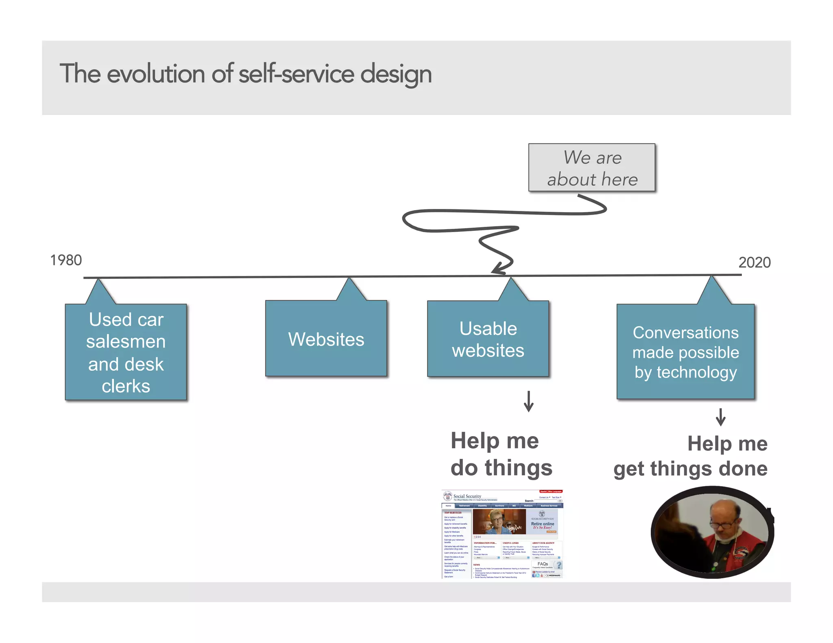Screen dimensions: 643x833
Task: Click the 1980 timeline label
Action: click(66, 260)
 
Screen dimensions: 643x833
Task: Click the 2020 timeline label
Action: click(754, 263)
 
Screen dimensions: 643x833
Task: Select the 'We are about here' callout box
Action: click(591, 167)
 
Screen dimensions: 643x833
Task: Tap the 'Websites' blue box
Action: click(326, 339)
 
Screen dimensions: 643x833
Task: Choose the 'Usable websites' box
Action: click(488, 339)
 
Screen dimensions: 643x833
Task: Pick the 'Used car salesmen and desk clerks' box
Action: click(126, 352)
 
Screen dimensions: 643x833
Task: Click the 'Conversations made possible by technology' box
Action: click(685, 352)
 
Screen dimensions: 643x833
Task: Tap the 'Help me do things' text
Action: click(501, 454)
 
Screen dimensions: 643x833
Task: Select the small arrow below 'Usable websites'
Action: click(528, 402)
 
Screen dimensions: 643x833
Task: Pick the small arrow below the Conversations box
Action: click(720, 417)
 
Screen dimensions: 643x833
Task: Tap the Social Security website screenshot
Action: click(502, 534)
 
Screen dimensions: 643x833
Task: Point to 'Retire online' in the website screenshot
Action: click(542, 524)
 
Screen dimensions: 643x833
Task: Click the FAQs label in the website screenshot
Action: click(543, 564)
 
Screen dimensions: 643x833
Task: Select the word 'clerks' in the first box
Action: click(126, 386)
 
